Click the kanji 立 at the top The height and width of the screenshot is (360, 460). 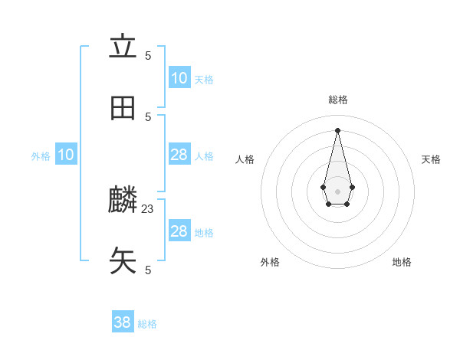pyautogui.click(x=123, y=47)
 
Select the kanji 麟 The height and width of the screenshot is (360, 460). pyautogui.click(x=123, y=201)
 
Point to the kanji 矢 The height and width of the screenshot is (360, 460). pyautogui.click(x=123, y=261)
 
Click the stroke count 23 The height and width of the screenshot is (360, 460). pyautogui.click(x=148, y=208)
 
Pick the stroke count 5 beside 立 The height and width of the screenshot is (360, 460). pyautogui.click(x=148, y=55)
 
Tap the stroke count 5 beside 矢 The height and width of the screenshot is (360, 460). pyautogui.click(x=148, y=270)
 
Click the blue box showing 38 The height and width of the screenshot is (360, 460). pyautogui.click(x=123, y=322)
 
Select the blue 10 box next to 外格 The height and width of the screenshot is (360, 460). pyautogui.click(x=66, y=155)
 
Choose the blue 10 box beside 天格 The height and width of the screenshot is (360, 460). pyautogui.click(x=179, y=78)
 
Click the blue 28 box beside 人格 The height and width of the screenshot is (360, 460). pyautogui.click(x=179, y=155)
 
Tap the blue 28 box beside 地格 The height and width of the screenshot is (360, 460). pyautogui.click(x=179, y=231)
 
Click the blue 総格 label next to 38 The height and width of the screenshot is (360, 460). pyautogui.click(x=147, y=324)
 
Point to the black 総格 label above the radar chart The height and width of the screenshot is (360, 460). pyautogui.click(x=338, y=100)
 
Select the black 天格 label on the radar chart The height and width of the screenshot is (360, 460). pyautogui.click(x=432, y=159)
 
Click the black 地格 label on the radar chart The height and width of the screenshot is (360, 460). pyautogui.click(x=402, y=262)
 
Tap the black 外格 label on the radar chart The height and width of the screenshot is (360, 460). pyautogui.click(x=270, y=262)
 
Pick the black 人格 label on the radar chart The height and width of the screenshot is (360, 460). pyautogui.click(x=245, y=159)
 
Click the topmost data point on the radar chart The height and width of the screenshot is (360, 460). pyautogui.click(x=337, y=129)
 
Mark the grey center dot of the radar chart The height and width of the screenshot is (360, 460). pyautogui.click(x=337, y=191)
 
